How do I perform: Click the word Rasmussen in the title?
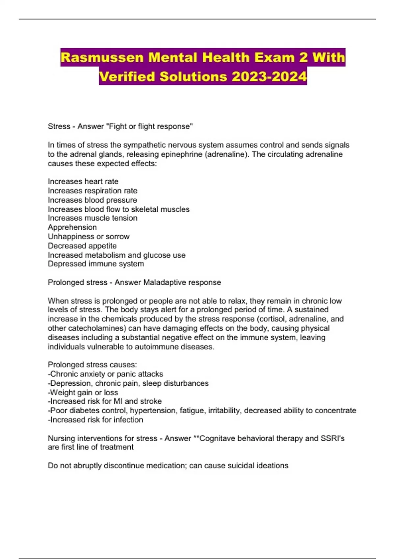102,58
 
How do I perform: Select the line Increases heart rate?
83,182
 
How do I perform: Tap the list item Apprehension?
72,227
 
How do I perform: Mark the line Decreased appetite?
82,246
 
